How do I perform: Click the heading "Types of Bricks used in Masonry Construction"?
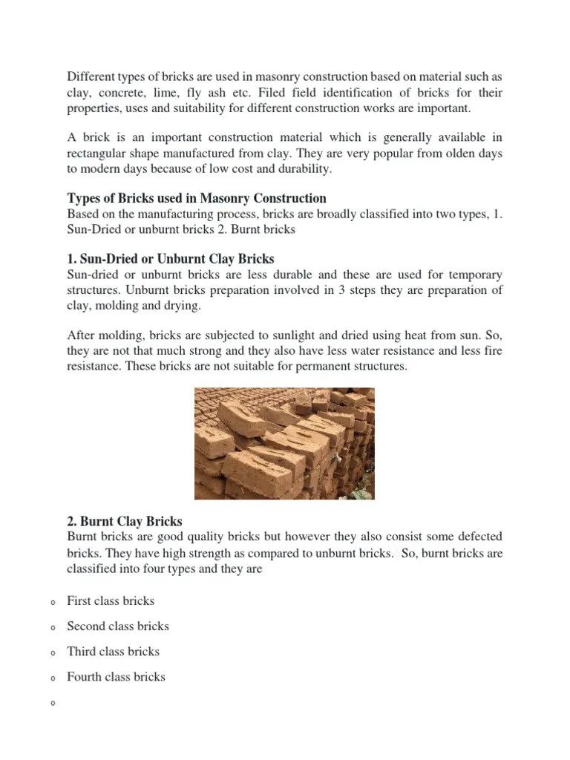point(197,198)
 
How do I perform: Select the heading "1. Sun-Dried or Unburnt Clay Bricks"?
point(171,259)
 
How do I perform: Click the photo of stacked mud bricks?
point(284,443)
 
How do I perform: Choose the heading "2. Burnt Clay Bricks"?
point(125,522)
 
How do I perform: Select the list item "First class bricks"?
point(111,601)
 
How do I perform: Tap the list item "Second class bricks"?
point(118,626)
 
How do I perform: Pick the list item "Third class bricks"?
point(113,652)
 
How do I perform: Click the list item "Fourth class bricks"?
point(116,677)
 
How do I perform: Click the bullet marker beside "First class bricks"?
point(53,603)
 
